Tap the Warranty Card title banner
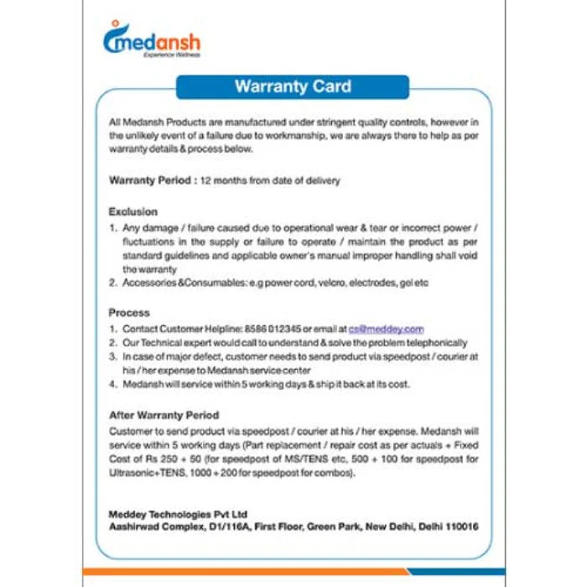[x=293, y=87]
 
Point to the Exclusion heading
[x=132, y=211]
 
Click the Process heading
[x=129, y=313]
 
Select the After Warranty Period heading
[x=164, y=415]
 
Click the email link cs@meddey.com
[x=392, y=329]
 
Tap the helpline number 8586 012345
[x=274, y=329]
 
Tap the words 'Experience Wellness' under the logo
[x=171, y=55]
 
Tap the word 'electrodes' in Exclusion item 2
[x=367, y=283]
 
